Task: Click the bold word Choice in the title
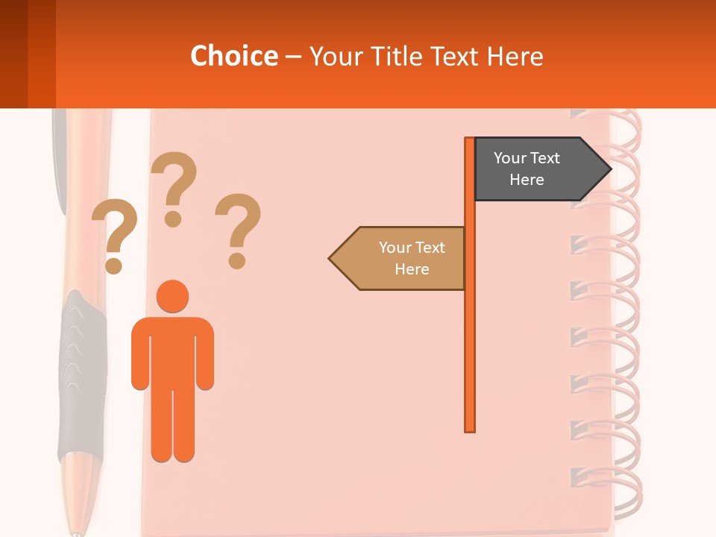point(233,56)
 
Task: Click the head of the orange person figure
point(172,296)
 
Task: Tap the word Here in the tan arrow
point(412,269)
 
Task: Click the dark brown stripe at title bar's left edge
point(13,54)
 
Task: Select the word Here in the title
point(515,56)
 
